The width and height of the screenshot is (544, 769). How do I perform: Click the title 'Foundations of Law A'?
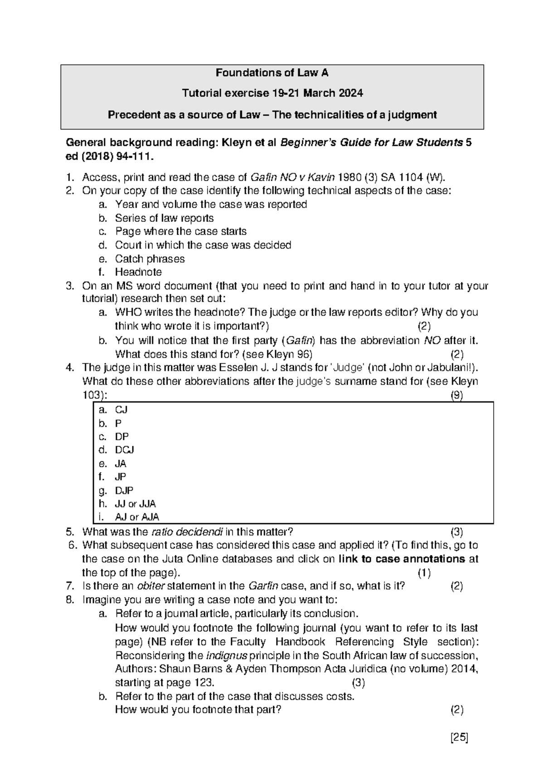pos(272,73)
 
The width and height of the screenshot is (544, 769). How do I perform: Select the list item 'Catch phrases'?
pos(150,259)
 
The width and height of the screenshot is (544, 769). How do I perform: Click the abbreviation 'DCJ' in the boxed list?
pos(125,450)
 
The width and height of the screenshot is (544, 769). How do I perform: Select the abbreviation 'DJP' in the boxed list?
pos(124,490)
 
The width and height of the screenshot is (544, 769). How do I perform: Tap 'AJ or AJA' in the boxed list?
pos(137,517)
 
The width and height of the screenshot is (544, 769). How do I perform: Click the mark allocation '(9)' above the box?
pos(457,395)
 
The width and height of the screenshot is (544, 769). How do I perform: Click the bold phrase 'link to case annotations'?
pos(402,559)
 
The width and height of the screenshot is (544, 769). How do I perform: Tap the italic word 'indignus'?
pos(227,656)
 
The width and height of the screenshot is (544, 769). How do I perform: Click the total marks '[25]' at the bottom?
pos(459,737)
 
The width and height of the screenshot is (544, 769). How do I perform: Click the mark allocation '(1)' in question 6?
pos(424,573)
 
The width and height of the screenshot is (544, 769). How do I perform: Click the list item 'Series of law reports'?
pos(164,218)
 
